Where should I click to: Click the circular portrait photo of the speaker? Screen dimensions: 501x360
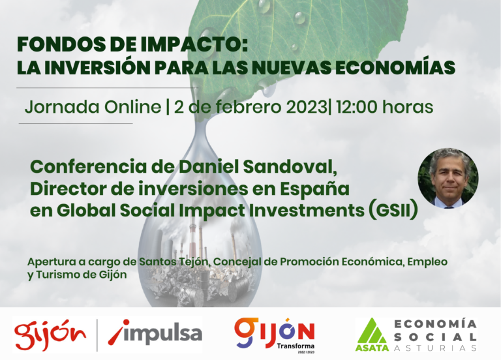[448, 178]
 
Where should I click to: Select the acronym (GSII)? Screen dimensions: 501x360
[393, 210]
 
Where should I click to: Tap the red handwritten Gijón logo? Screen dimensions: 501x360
[50, 335]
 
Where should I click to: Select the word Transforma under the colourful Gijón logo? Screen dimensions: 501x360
[296, 346]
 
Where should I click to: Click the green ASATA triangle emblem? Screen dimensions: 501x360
[372, 334]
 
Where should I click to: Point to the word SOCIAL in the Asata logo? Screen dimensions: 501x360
[435, 337]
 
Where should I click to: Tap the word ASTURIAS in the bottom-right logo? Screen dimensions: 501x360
[435, 348]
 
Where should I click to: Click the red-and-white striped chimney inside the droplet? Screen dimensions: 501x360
[192, 240]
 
